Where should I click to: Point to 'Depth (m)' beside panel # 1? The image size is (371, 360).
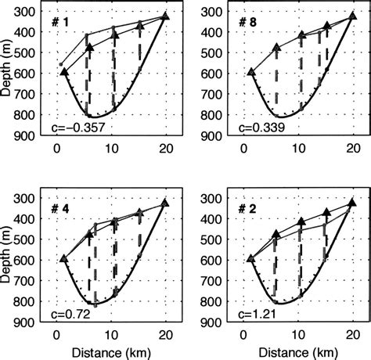[7, 71]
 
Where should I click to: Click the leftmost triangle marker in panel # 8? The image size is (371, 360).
[250, 72]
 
